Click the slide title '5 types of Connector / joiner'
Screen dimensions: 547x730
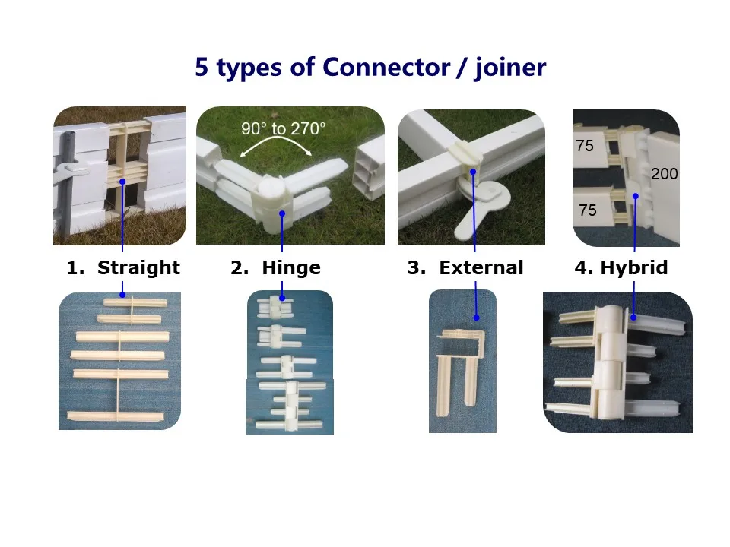point(370,67)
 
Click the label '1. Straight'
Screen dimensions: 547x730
point(123,268)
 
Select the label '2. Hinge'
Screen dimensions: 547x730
point(275,268)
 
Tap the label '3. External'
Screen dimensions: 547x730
point(465,268)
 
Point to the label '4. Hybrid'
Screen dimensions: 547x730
point(621,268)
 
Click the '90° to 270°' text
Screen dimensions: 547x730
point(283,129)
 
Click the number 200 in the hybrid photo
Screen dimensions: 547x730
point(664,174)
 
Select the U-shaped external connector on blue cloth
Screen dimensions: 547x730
point(462,357)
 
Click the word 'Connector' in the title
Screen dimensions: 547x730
point(386,67)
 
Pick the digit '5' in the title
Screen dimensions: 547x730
point(202,67)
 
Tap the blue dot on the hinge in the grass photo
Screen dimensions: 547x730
point(282,213)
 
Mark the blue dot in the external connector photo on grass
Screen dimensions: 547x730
point(472,172)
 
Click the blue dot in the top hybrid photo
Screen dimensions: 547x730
point(635,196)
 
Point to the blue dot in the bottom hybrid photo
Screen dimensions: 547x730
point(633,320)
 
